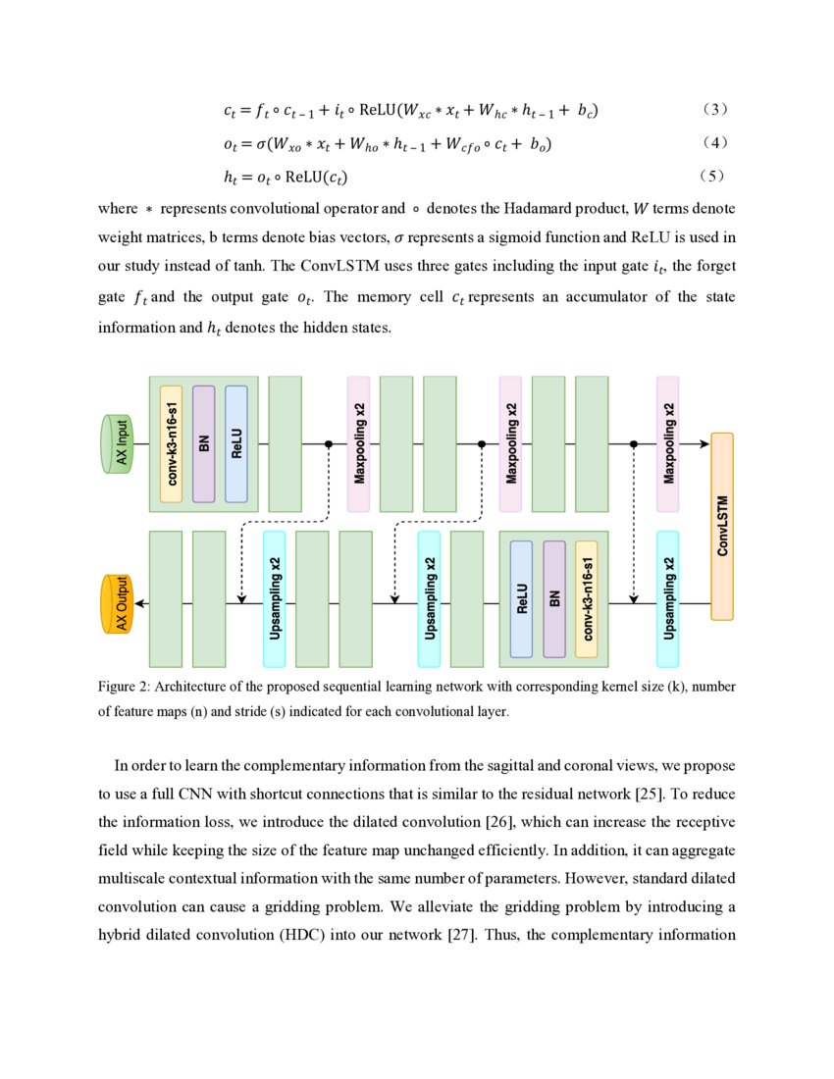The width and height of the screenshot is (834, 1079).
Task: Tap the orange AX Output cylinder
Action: [119, 603]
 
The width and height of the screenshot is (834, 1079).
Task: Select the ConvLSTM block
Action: [722, 526]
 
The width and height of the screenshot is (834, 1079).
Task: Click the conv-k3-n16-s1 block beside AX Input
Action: [172, 443]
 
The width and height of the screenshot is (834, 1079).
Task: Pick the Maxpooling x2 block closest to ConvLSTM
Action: [668, 443]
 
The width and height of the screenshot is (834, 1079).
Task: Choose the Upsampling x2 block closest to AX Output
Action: [274, 598]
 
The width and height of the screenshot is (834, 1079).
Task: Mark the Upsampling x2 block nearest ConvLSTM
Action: [668, 598]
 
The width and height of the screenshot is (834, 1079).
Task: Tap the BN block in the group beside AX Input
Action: [204, 443]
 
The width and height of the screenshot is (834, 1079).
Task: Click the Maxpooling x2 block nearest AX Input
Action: [359, 443]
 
